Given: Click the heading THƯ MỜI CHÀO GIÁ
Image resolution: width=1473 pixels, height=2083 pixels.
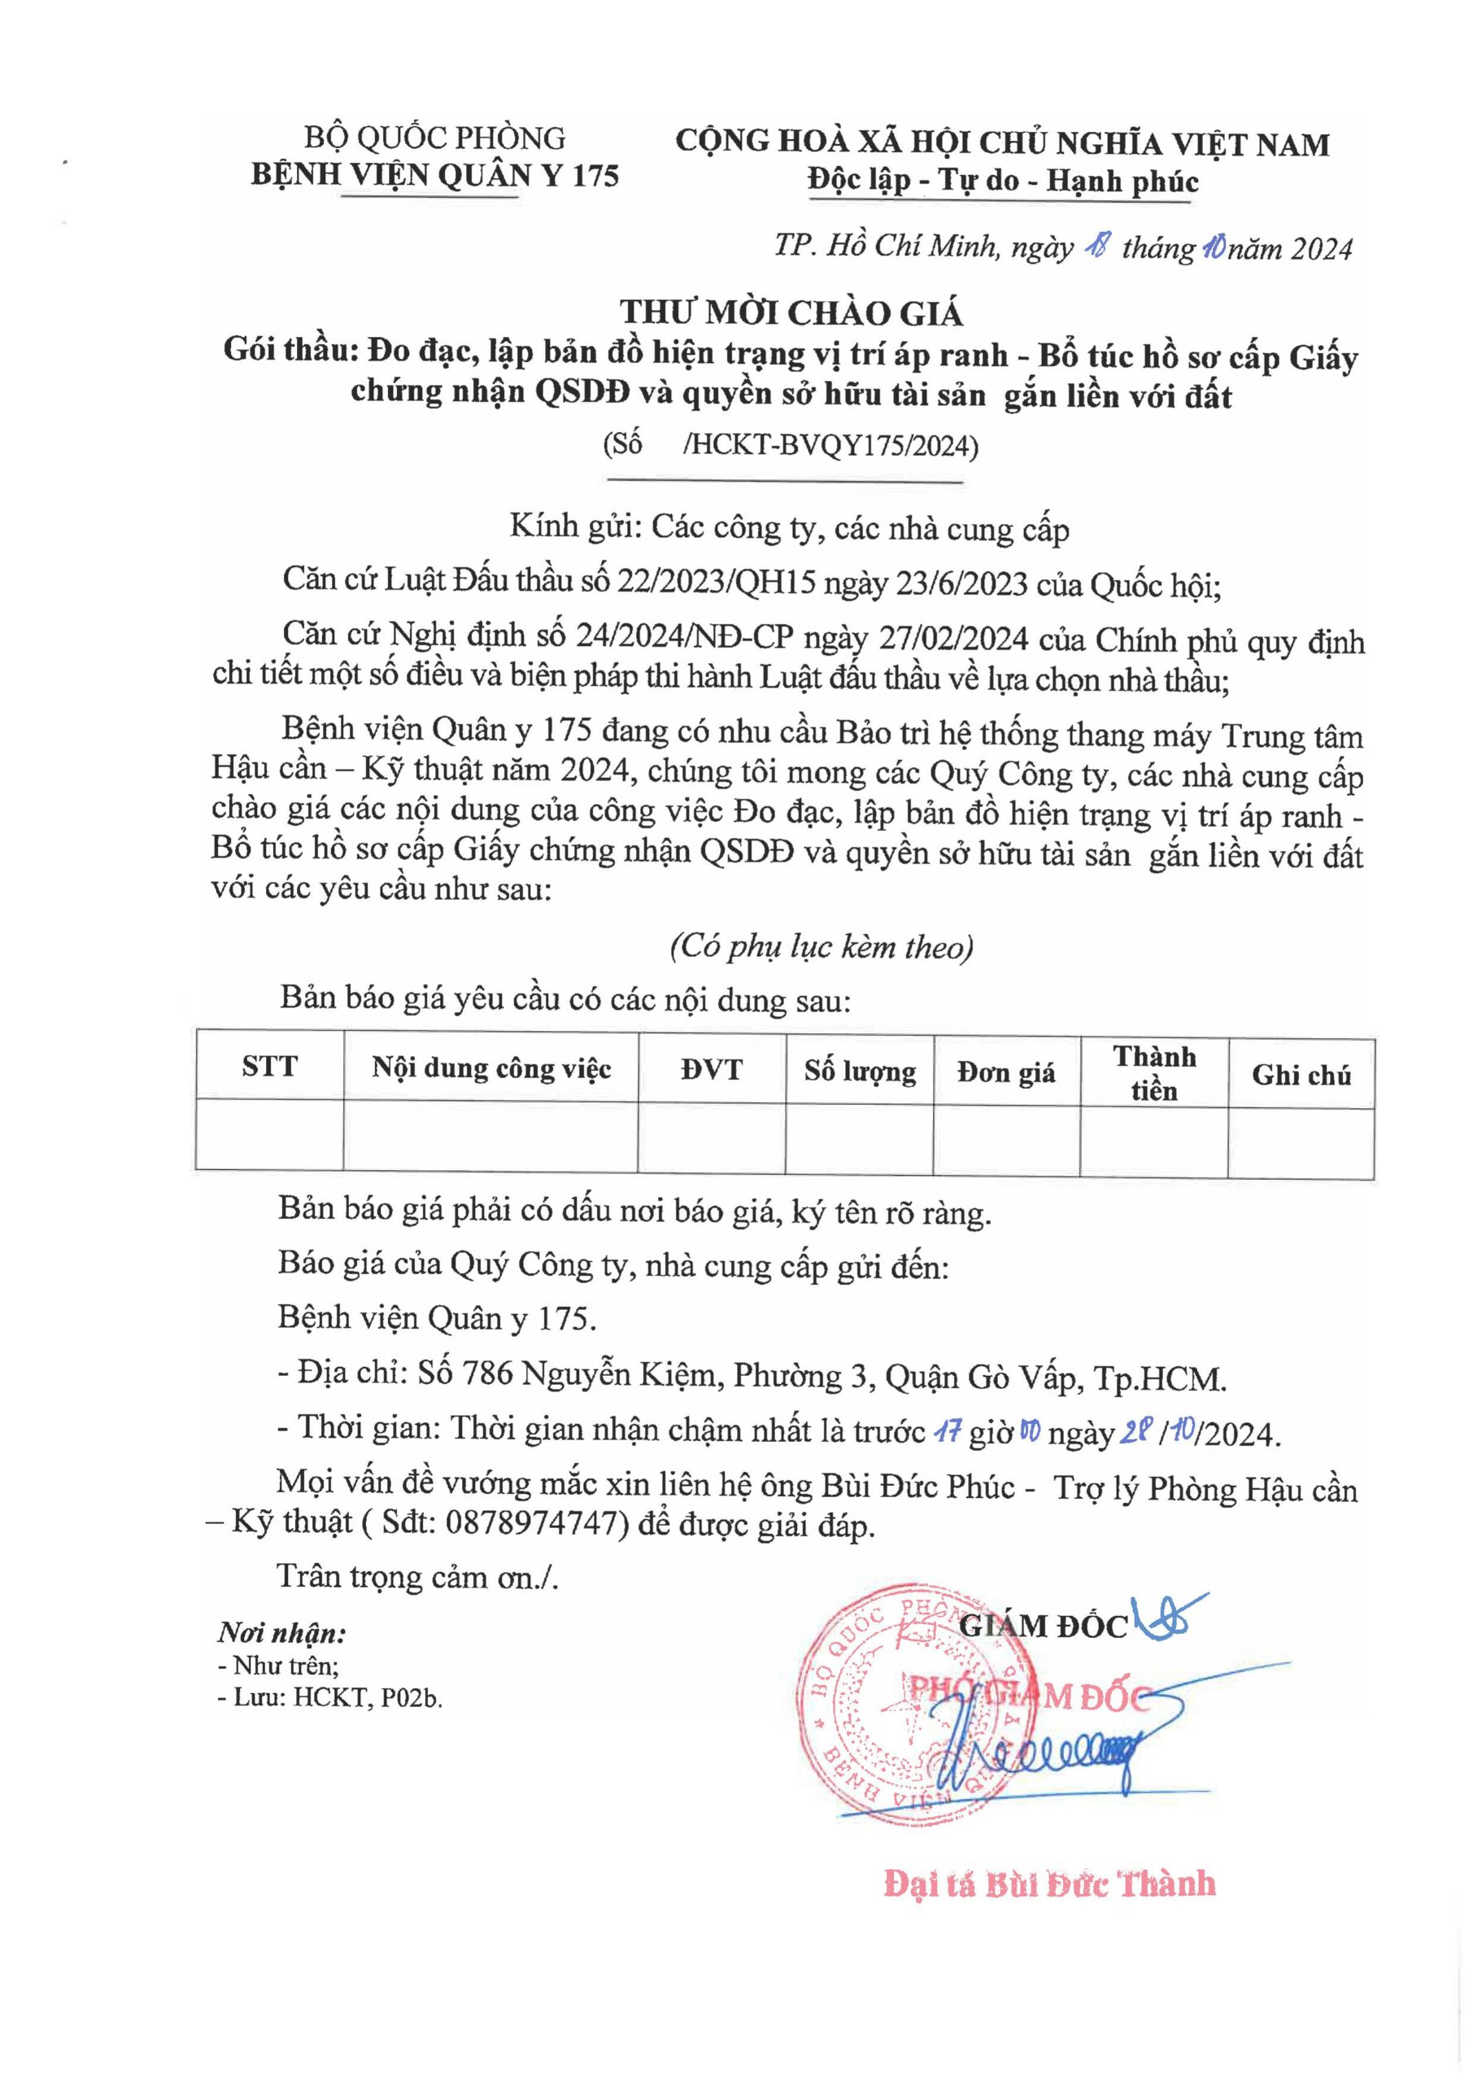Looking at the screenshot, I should [790, 313].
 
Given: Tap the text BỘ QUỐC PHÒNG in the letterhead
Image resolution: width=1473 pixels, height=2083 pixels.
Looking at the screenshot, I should [434, 138].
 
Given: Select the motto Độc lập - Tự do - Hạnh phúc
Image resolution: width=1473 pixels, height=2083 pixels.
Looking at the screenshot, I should [1003, 181].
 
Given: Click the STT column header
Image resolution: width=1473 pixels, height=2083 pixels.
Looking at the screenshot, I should [269, 1065].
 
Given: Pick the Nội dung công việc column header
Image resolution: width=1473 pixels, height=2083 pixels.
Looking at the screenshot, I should [490, 1068].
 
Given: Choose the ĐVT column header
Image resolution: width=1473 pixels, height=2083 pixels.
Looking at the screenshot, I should [711, 1070].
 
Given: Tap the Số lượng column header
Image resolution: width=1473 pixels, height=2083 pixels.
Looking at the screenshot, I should [859, 1072].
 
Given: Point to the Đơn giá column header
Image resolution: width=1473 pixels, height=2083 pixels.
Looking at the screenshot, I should [1006, 1073].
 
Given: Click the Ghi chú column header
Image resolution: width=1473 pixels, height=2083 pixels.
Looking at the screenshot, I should [1301, 1075].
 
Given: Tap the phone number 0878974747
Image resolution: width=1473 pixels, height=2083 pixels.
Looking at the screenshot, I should [537, 1524].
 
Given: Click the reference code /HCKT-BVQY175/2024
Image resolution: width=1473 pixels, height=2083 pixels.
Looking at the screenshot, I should [830, 447].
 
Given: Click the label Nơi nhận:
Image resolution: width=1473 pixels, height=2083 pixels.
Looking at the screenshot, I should [281, 1634].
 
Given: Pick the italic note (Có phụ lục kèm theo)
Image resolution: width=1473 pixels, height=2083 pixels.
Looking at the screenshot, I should [821, 947].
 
